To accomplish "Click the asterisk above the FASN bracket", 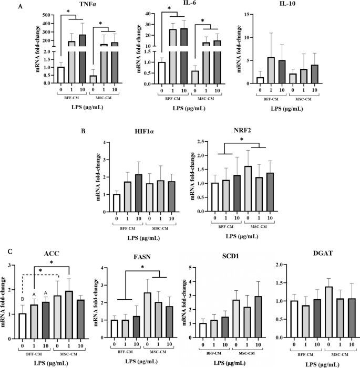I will pyautogui.click(x=142, y=268).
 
